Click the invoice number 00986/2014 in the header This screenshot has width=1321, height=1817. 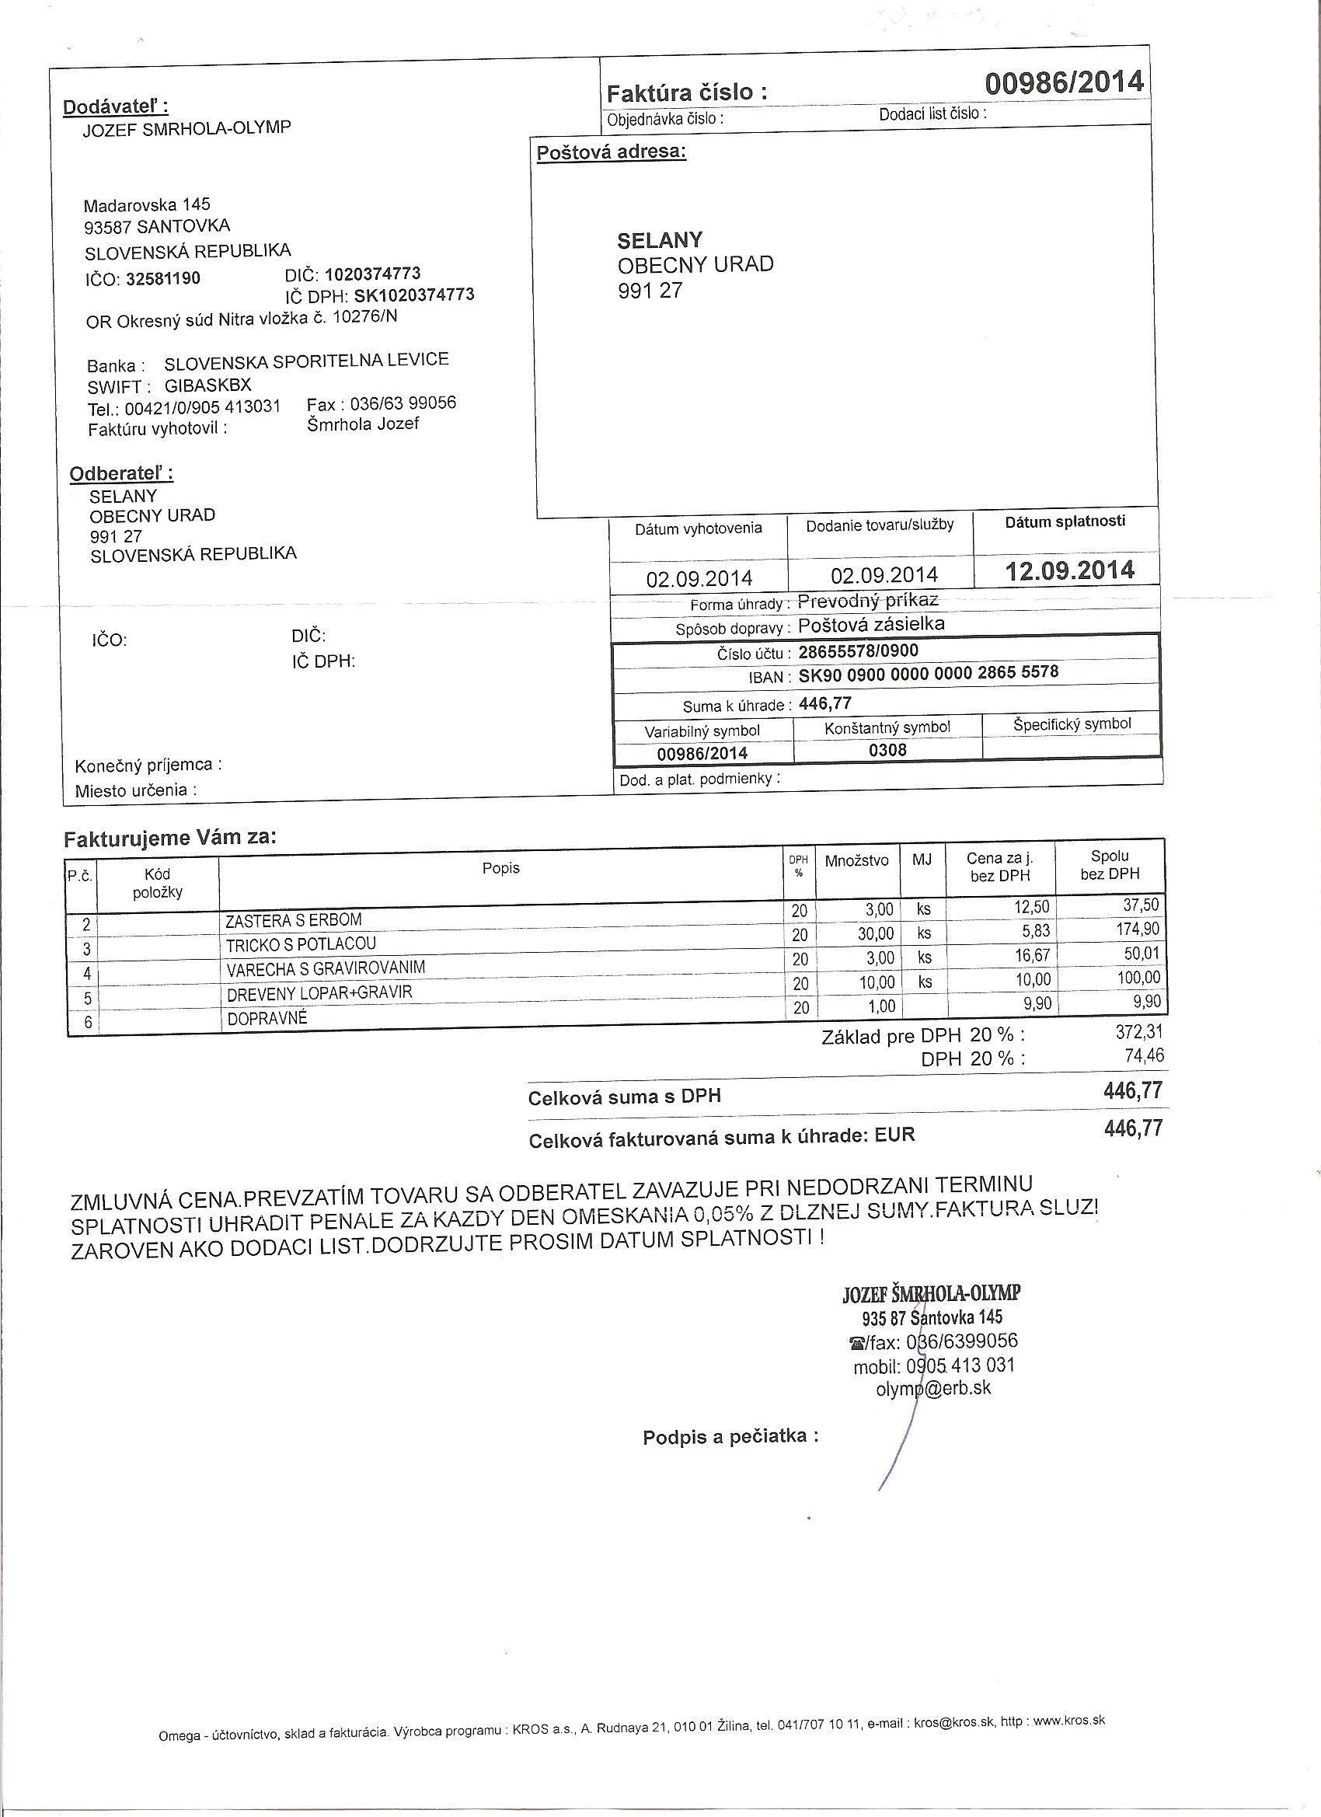(x=1063, y=82)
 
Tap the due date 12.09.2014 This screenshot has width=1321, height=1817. (x=1069, y=571)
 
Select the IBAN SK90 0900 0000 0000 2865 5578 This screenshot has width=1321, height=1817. (x=929, y=674)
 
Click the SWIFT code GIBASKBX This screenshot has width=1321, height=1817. (x=208, y=385)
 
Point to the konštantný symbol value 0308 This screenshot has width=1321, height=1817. (x=887, y=750)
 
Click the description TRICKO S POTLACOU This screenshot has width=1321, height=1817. (x=301, y=944)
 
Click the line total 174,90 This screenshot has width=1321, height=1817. (x=1138, y=930)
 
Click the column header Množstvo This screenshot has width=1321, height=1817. (x=856, y=861)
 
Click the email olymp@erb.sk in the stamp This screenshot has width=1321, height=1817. (x=933, y=1388)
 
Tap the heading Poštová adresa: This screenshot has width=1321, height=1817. (x=612, y=152)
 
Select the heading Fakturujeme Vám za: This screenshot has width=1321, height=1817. (x=170, y=839)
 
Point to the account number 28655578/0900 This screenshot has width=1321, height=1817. (x=859, y=651)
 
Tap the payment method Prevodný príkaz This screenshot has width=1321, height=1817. (x=869, y=601)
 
